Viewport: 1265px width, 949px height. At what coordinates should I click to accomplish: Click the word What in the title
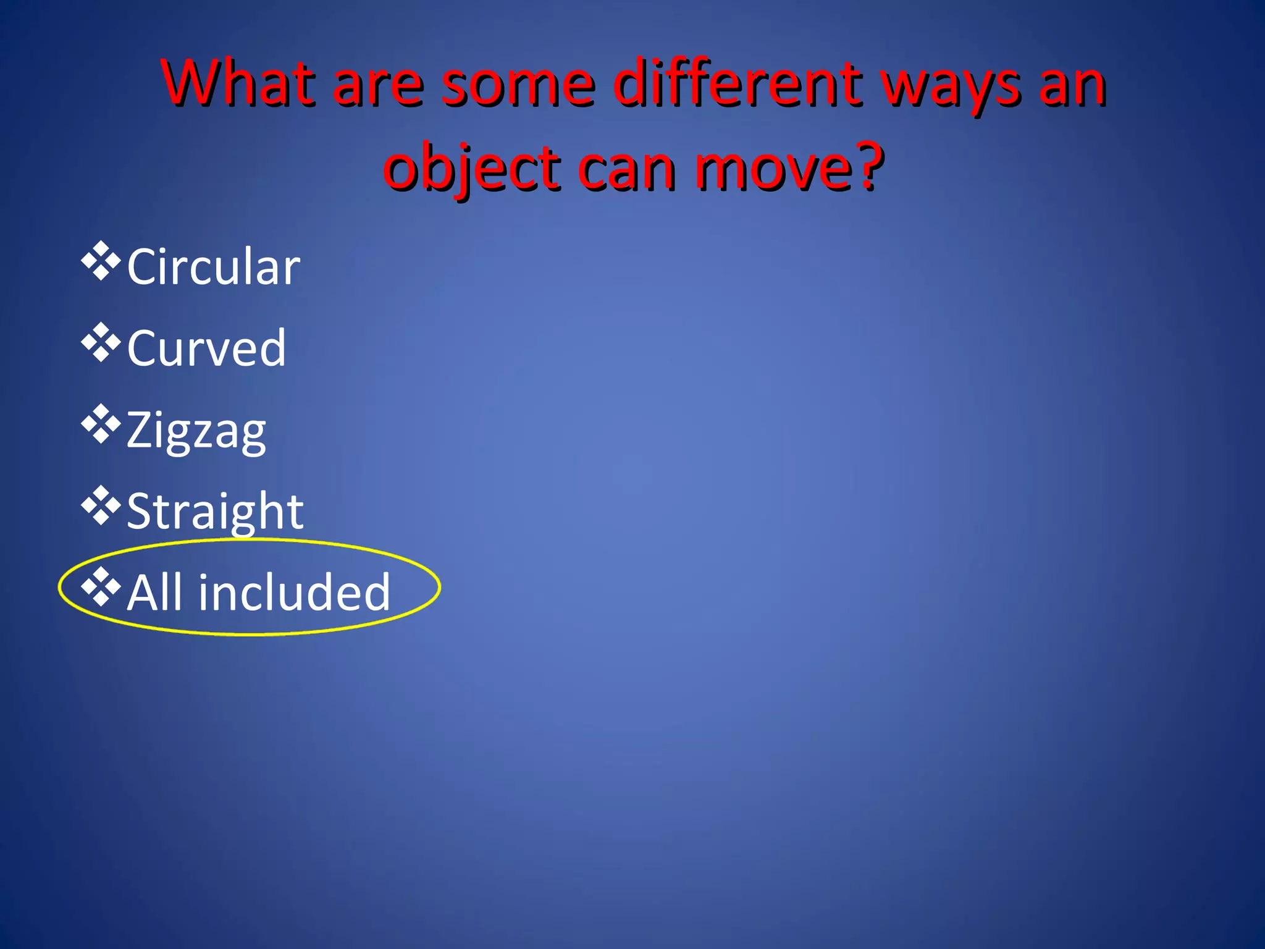click(238, 83)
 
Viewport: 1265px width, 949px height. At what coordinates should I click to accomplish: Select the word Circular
click(213, 266)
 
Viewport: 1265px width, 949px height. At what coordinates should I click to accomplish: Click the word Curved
click(206, 348)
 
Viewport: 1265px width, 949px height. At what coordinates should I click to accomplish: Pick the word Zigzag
click(196, 431)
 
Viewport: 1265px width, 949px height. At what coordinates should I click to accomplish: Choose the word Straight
click(214, 512)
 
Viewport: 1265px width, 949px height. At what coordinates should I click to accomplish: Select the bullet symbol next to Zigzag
click(100, 424)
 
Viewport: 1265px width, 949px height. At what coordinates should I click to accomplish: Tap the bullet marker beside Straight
click(100, 506)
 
